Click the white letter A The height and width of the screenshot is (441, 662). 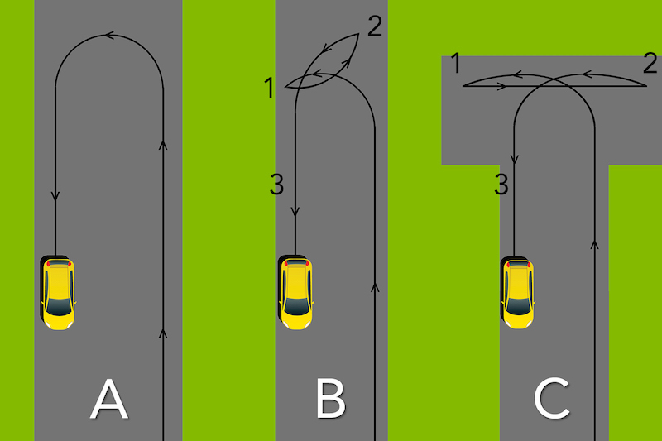pyautogui.click(x=109, y=399)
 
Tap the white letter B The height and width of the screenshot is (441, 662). pyautogui.click(x=331, y=399)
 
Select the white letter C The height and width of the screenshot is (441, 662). pyautogui.click(x=552, y=399)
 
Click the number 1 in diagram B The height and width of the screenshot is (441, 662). pyautogui.click(x=269, y=88)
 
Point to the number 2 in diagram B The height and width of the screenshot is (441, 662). pyautogui.click(x=375, y=26)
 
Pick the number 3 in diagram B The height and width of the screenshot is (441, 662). pyautogui.click(x=277, y=185)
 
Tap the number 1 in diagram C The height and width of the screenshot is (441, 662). pyautogui.click(x=455, y=64)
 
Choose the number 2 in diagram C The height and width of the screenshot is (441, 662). pyautogui.click(x=650, y=64)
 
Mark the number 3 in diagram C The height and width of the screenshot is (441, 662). pyautogui.click(x=501, y=185)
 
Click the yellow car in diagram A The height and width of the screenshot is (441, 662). pyautogui.click(x=58, y=292)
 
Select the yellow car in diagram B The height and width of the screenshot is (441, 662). pyautogui.click(x=295, y=292)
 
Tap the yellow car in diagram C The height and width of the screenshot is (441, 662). pyautogui.click(x=518, y=292)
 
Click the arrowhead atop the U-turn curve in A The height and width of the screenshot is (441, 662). pyautogui.click(x=109, y=36)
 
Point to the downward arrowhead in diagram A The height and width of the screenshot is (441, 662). pyautogui.click(x=55, y=196)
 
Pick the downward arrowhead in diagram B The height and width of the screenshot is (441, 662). pyautogui.click(x=295, y=212)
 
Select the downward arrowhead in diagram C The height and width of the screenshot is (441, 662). pyautogui.click(x=514, y=160)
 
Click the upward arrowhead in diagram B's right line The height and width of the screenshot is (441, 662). pyautogui.click(x=375, y=287)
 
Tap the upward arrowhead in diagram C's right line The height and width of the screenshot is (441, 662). pyautogui.click(x=595, y=244)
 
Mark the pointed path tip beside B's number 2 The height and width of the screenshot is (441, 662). pyautogui.click(x=359, y=34)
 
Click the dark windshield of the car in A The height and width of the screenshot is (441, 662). pyautogui.click(x=59, y=307)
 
